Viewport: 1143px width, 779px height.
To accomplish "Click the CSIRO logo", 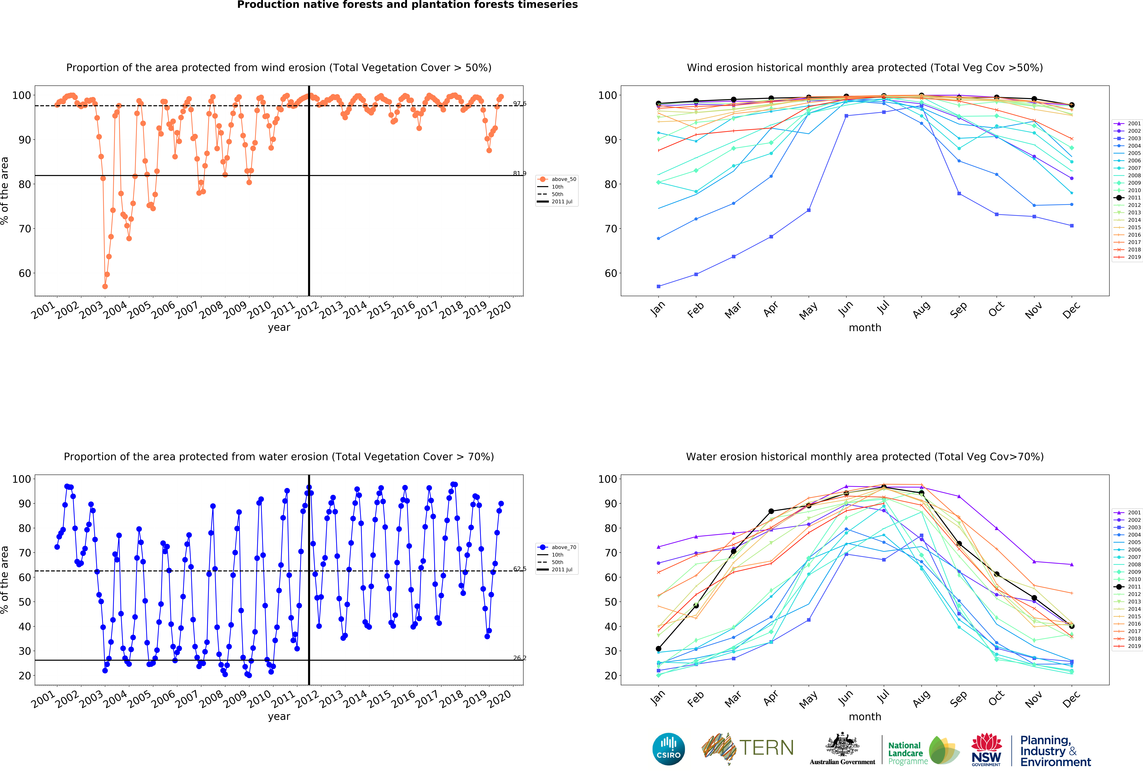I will click(668, 749).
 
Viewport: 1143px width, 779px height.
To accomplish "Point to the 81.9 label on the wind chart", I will click(519, 173).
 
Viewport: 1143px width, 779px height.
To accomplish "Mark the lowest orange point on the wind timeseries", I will click(105, 286).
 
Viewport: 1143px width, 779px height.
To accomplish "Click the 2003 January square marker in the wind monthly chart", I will click(659, 286).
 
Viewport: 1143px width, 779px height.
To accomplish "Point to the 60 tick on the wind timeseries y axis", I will click(25, 273).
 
